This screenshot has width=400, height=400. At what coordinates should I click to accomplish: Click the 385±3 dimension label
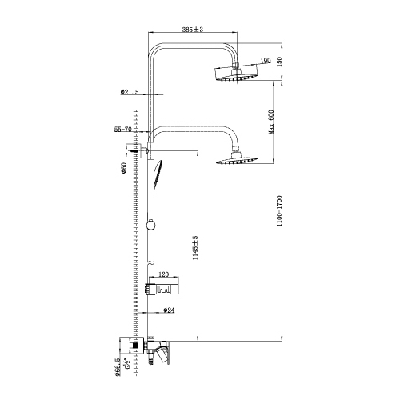pos(193,29)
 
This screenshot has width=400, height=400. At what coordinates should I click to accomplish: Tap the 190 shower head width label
pos(266,61)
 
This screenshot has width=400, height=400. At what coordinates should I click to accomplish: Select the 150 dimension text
pos(279,61)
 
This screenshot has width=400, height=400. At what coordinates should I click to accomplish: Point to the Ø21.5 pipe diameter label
pos(130,92)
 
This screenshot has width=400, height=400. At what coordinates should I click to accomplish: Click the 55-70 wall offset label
pos(123,130)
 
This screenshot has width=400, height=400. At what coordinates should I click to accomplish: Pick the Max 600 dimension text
pos(271,122)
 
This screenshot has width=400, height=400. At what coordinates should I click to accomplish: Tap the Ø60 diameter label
pos(123,169)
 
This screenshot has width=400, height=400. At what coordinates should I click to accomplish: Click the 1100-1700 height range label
pos(279,211)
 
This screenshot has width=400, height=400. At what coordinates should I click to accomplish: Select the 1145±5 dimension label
pos(196,248)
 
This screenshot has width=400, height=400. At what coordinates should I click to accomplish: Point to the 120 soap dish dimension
pos(164,274)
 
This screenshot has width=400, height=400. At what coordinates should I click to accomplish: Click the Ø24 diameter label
pos(169,310)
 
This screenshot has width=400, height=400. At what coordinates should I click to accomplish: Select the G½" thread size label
pos(127,362)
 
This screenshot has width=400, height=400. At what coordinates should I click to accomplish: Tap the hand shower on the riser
pos(158,174)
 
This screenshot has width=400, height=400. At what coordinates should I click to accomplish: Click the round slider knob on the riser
pos(150,226)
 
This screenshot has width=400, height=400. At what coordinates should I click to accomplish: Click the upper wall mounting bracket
pos(137,151)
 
